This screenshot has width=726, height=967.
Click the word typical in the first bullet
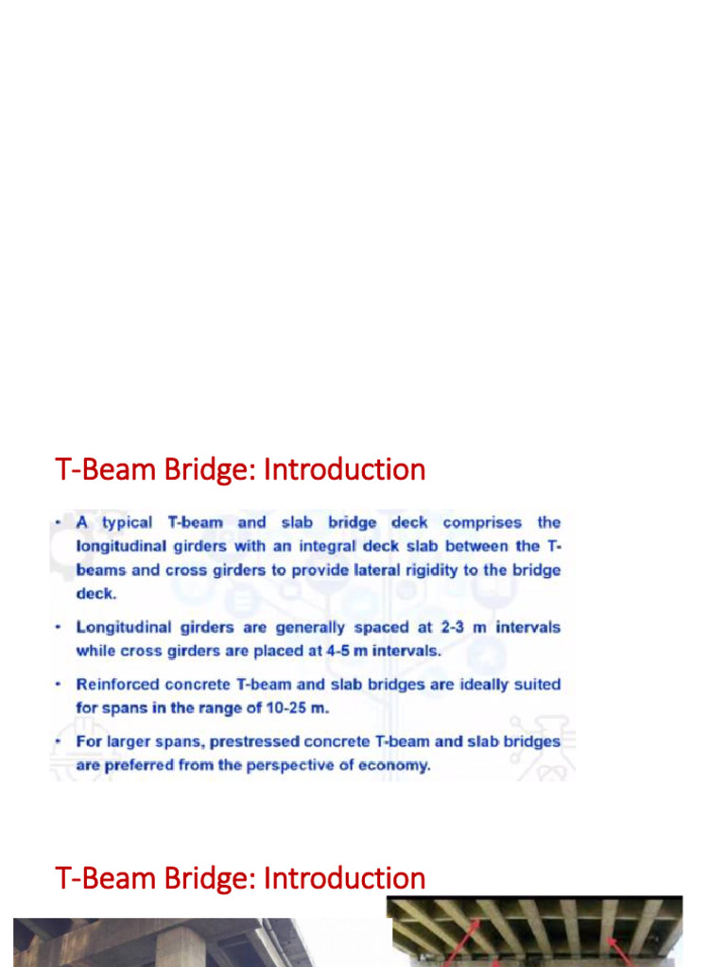[127, 523]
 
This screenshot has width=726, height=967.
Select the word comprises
[482, 522]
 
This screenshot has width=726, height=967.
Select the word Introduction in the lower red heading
[344, 878]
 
